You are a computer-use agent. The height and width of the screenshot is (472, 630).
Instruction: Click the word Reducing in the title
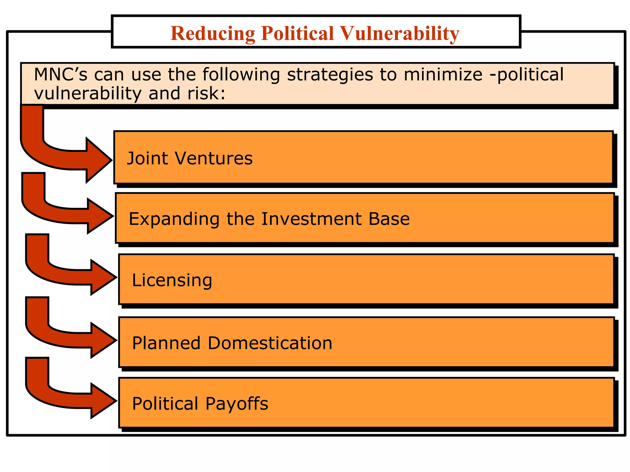[213, 33]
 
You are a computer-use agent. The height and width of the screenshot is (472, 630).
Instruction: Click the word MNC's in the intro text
[61, 75]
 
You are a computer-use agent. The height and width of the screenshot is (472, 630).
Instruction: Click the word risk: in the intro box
[206, 93]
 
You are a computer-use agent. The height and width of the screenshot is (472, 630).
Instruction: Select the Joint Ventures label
[189, 159]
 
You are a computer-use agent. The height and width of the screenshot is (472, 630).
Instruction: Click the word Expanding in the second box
[174, 219]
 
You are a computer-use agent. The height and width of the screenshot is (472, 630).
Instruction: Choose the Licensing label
[172, 280]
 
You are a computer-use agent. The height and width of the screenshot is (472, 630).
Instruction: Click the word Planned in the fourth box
[166, 343]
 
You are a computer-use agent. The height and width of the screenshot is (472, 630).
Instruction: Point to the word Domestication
[270, 343]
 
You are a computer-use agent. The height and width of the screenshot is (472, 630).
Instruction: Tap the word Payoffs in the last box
[237, 403]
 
